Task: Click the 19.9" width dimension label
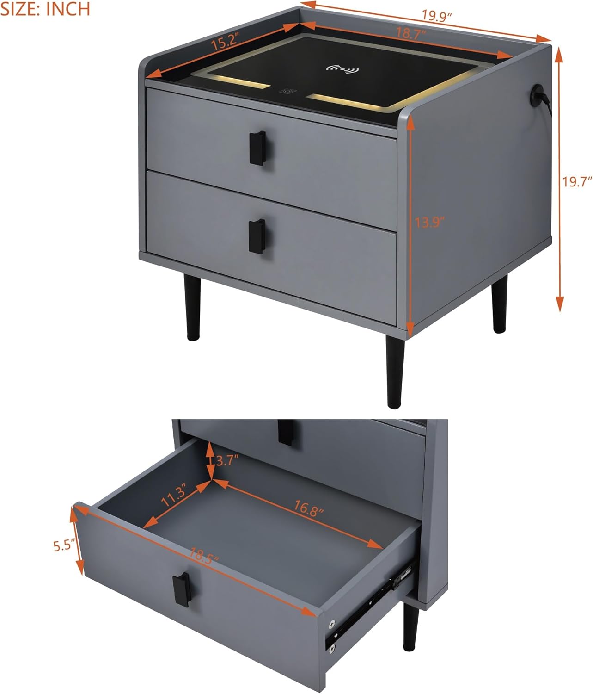(436, 16)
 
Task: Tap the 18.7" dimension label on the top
(411, 33)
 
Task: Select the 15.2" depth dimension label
(224, 41)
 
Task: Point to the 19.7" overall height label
(577, 182)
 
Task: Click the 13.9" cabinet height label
(430, 222)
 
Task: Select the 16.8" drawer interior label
(309, 508)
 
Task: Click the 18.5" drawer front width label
(203, 555)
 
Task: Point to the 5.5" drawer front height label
(63, 545)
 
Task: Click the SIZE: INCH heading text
(45, 9)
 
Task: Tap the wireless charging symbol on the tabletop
(342, 69)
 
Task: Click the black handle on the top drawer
(257, 148)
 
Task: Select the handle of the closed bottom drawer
(257, 236)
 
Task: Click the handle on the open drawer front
(182, 590)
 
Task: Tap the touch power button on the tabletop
(288, 91)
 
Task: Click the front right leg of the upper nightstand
(395, 372)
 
